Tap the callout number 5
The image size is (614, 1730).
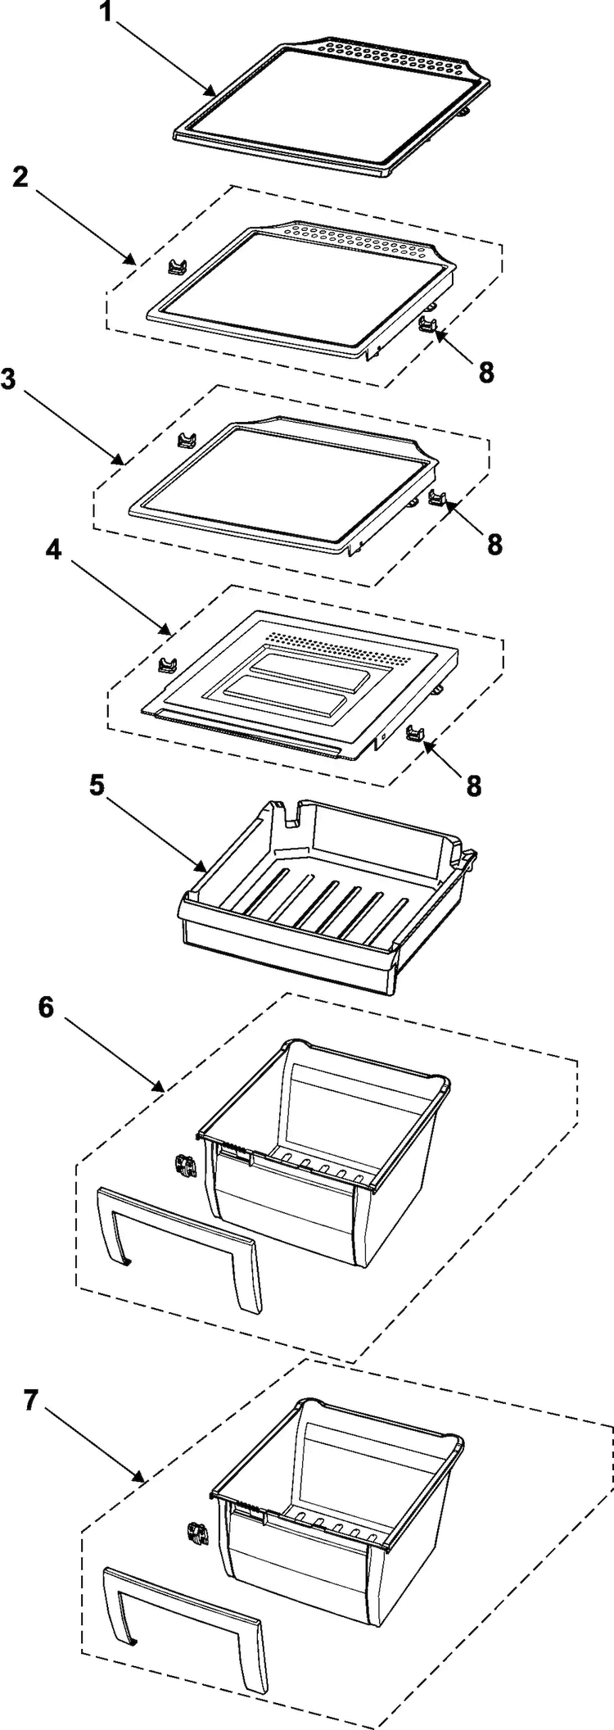[x=97, y=786]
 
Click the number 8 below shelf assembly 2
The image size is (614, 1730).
[x=486, y=373]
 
